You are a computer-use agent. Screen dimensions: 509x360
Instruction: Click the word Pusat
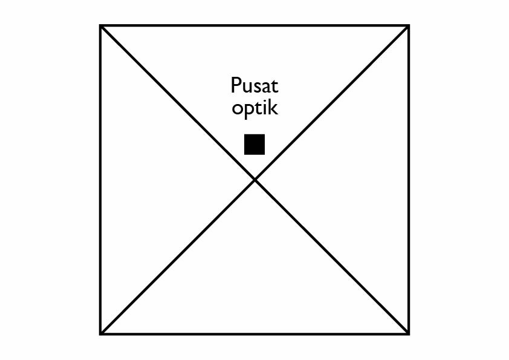point(254,85)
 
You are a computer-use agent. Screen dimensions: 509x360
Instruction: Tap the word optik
point(254,109)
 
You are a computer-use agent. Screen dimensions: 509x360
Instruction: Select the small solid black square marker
point(254,145)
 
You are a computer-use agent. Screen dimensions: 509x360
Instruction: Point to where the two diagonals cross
point(254,179)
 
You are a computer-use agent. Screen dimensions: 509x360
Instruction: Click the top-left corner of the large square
point(101,26)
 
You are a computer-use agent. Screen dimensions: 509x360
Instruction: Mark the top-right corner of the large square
point(409,26)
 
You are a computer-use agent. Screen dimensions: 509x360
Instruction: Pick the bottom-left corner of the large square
point(101,333)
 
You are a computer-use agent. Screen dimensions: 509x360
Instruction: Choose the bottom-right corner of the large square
point(409,333)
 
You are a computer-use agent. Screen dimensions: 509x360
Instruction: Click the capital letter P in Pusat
point(235,85)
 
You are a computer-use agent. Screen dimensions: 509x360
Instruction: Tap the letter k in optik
point(274,108)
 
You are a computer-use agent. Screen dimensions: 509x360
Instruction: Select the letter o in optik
point(237,110)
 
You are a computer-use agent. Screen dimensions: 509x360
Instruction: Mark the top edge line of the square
point(254,26)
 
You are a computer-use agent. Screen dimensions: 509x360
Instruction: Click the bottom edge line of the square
point(254,333)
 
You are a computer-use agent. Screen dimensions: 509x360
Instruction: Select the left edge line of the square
point(101,180)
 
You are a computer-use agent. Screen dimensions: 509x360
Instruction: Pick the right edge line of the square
point(409,180)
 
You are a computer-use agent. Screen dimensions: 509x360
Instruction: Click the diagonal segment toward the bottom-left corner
point(178,257)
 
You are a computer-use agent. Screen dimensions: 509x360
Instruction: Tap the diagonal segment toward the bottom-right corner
point(331,257)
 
